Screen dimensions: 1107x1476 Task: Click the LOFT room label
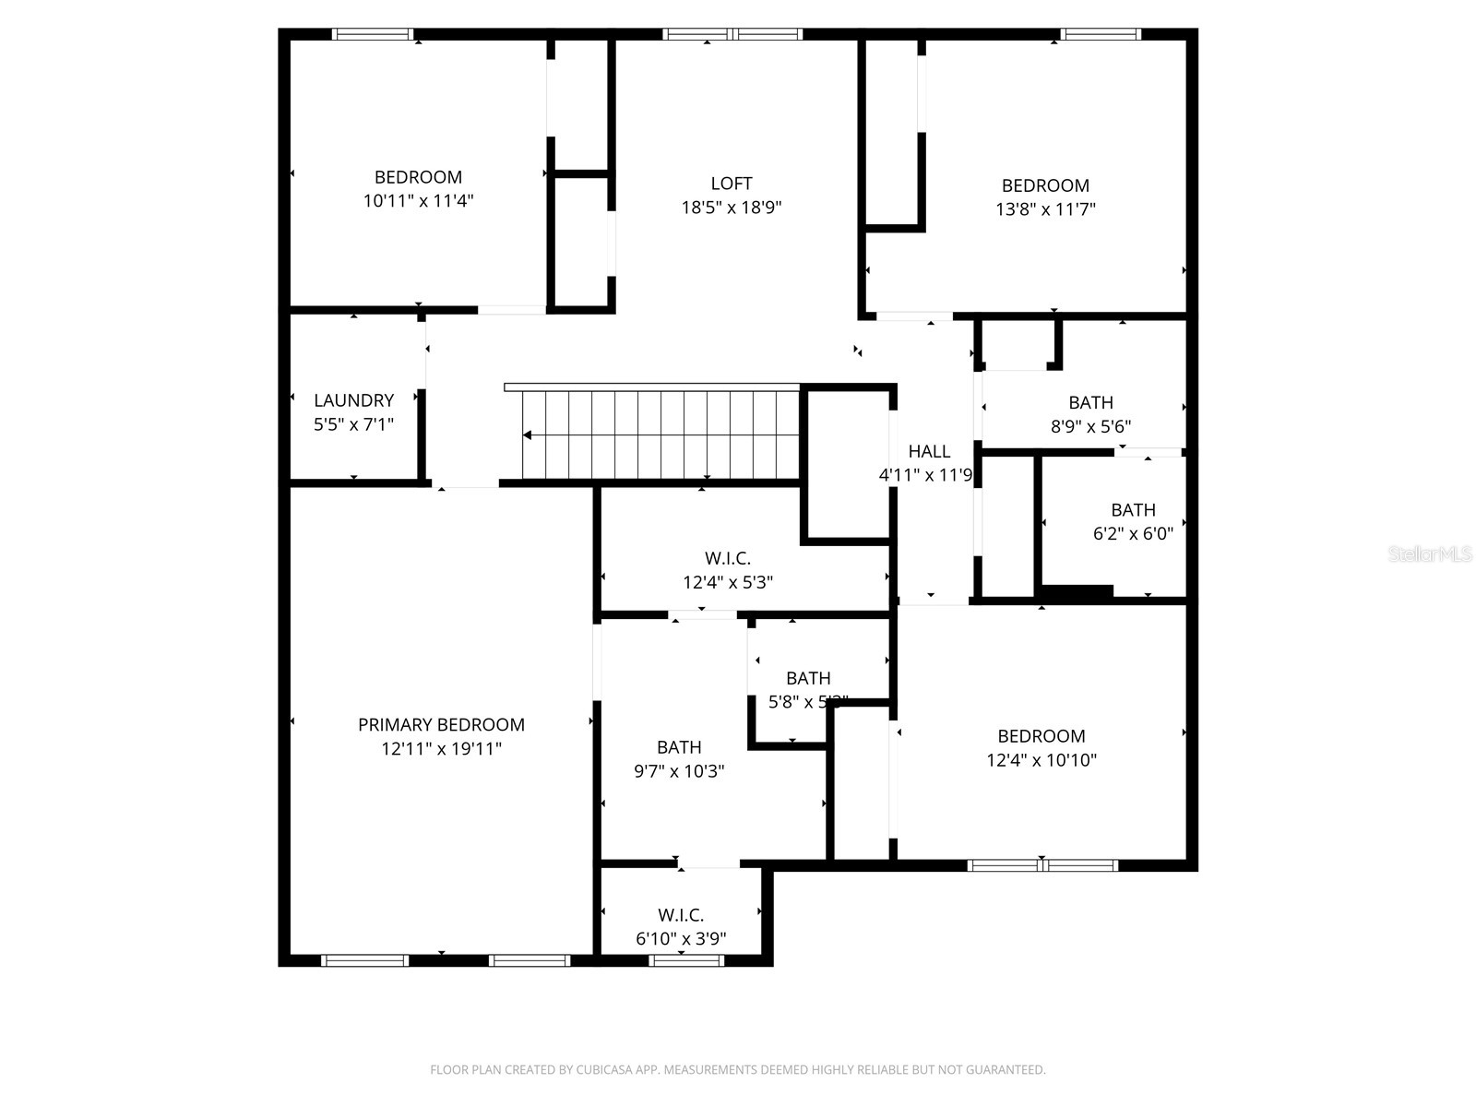pos(731,184)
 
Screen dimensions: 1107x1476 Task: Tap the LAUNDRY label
pos(353,400)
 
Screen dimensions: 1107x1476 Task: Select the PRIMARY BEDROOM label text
pos(441,725)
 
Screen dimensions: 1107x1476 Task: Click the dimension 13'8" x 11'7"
pos(1045,209)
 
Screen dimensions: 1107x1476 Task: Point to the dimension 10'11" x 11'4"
pos(418,200)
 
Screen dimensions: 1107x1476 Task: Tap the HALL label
pos(929,451)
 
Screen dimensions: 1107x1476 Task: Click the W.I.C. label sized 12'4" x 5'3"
pos(728,559)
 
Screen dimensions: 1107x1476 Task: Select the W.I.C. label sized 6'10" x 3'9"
pos(681,915)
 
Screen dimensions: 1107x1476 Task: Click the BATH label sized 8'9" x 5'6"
pos(1090,402)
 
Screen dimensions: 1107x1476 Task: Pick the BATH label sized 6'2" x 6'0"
pos(1133,510)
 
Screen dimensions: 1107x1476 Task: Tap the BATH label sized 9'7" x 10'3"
pos(679,747)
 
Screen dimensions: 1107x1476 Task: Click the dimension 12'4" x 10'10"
pos(1041,760)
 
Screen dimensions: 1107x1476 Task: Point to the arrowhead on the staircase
pos(528,434)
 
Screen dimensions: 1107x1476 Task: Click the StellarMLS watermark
pos(1430,554)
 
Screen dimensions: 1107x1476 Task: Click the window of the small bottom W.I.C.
pos(686,960)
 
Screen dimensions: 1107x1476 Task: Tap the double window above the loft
pos(732,35)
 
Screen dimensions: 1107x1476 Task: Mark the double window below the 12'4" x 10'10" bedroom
pos(1042,865)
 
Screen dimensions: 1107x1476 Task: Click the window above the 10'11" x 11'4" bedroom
pos(373,35)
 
